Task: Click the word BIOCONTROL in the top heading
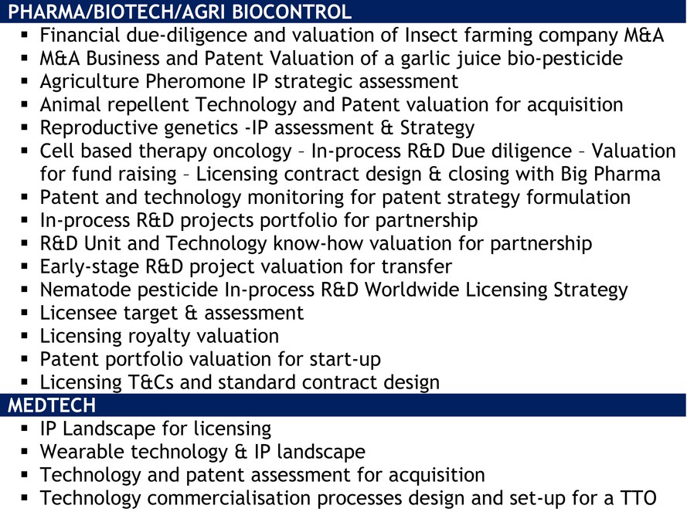[291, 12]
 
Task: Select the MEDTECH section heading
[52, 405]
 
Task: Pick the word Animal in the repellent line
[70, 105]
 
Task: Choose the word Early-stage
[90, 267]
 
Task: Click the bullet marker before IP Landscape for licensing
[25, 429]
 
